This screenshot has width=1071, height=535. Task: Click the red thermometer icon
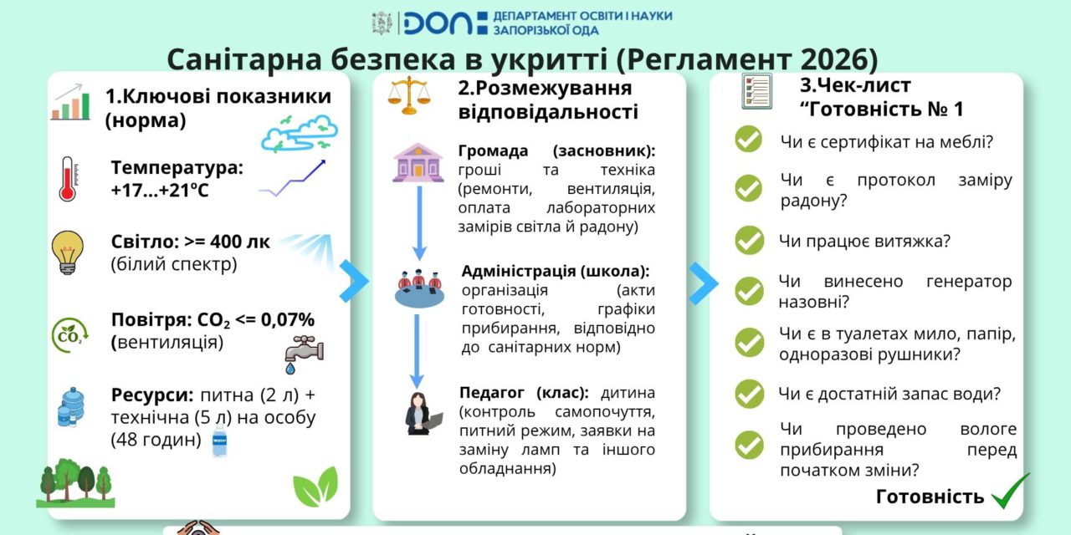coord(68,178)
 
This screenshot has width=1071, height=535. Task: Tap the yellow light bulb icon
coord(66,252)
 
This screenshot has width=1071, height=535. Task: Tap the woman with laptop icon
coord(419,413)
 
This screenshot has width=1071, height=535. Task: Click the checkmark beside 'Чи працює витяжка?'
coord(749,241)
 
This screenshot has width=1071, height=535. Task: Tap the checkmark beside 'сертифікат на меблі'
coord(749,140)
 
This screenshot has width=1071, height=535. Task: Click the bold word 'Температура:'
coord(177,167)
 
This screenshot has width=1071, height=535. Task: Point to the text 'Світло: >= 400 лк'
coord(191,242)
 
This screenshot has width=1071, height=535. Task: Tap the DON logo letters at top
coord(438,23)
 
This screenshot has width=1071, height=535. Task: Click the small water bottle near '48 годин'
coord(219,441)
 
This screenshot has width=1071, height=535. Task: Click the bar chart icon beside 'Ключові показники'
coord(70,102)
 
